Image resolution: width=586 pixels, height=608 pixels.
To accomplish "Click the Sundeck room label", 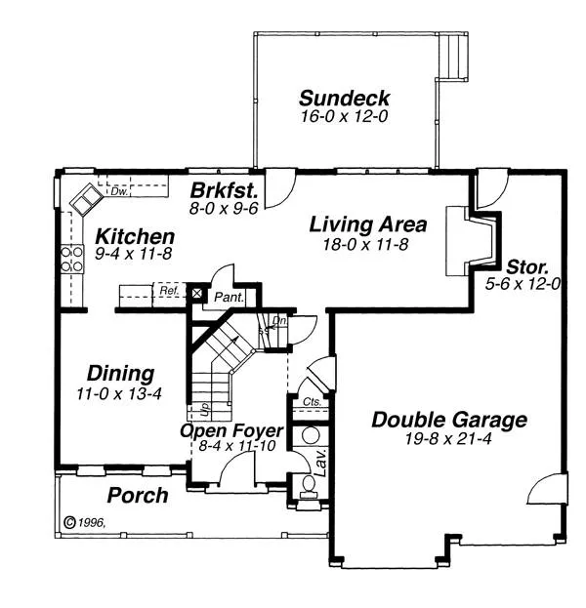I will click(x=344, y=99).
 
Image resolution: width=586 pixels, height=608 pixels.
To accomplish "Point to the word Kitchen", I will click(x=135, y=237).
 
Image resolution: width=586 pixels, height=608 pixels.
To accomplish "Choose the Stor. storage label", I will click(x=527, y=265).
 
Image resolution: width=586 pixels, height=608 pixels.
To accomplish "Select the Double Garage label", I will click(x=449, y=421).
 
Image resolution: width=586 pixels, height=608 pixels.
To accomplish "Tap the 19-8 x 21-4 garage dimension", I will click(x=449, y=439).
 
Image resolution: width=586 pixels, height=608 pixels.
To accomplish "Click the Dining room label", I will click(x=121, y=374).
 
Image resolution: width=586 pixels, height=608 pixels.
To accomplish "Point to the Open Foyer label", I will click(x=231, y=430).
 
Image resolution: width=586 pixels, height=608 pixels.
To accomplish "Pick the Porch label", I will click(x=137, y=496).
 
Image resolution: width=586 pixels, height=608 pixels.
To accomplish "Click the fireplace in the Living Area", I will click(x=467, y=241).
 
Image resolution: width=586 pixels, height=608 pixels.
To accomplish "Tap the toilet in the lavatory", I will click(x=310, y=485).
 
